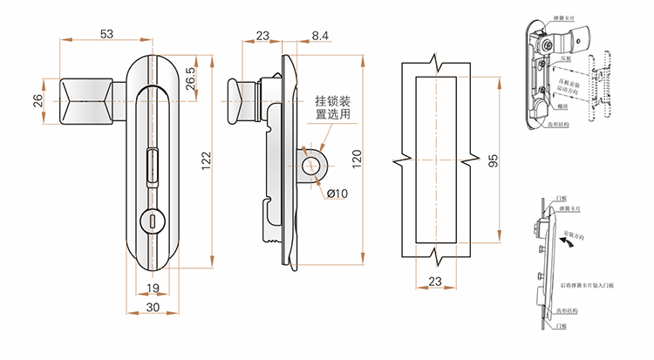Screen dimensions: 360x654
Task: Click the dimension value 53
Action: coord(106,34)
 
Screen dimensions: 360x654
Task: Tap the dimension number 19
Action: coord(152,289)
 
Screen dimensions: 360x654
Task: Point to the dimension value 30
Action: coord(152,308)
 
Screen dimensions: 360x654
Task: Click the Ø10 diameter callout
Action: coord(337,193)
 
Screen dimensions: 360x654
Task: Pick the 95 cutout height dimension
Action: coord(493,160)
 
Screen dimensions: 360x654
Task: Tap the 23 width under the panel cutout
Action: coord(435,281)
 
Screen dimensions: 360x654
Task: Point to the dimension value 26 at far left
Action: coord(37,101)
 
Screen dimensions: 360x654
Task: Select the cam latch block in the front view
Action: coord(85,100)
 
